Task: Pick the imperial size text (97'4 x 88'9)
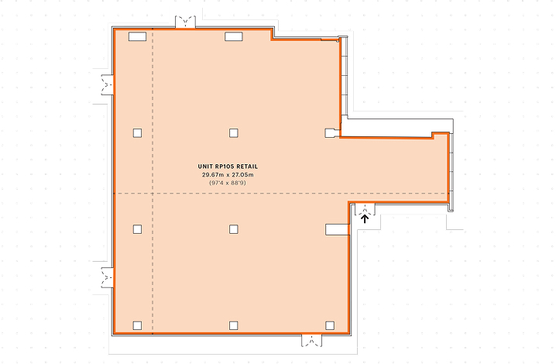click(x=228, y=183)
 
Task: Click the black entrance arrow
click(x=365, y=218)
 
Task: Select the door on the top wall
click(x=185, y=22)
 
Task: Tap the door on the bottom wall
click(x=312, y=340)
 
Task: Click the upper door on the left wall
click(x=107, y=84)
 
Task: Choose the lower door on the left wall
click(x=107, y=277)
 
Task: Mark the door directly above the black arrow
click(x=365, y=209)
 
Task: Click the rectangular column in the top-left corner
click(x=137, y=36)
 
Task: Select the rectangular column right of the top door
click(x=234, y=36)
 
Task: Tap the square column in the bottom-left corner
click(x=137, y=325)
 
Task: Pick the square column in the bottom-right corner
click(x=330, y=325)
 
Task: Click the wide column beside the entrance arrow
click(x=337, y=229)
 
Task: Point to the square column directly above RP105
click(x=233, y=133)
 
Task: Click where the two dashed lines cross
click(x=153, y=194)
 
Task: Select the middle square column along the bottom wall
click(x=233, y=325)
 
